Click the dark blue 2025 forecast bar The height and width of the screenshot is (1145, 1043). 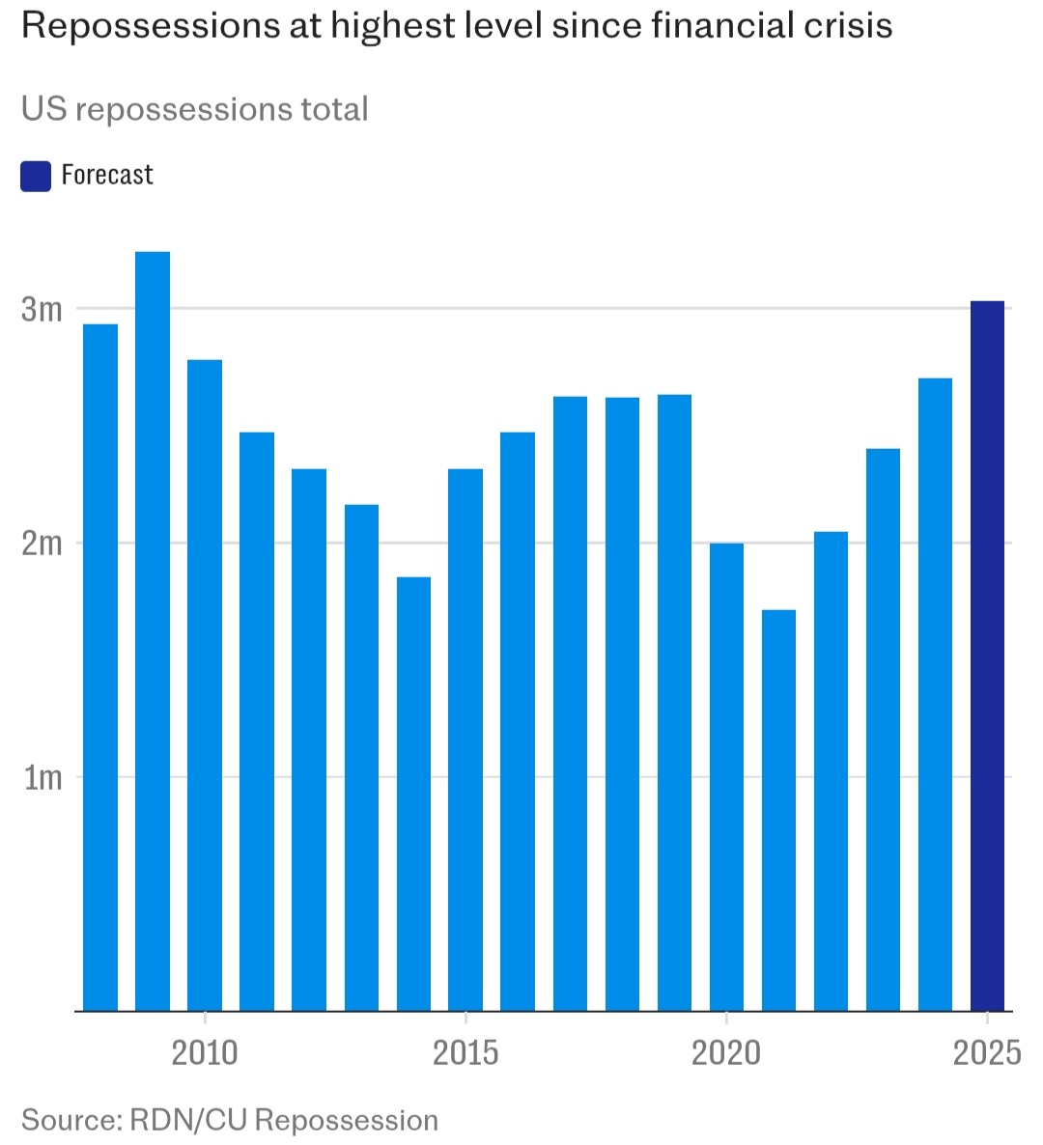tap(987, 656)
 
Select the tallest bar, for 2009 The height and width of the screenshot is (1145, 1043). tap(153, 631)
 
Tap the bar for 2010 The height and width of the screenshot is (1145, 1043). tap(205, 685)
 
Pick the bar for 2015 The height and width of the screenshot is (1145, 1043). tap(465, 740)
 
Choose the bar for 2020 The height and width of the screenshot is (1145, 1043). tap(726, 777)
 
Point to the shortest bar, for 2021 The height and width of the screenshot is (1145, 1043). tap(778, 810)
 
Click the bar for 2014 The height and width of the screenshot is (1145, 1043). tap(413, 794)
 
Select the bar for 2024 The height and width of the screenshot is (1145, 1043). tap(935, 694)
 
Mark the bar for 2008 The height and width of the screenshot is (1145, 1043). tap(100, 667)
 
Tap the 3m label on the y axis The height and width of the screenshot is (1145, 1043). tap(42, 310)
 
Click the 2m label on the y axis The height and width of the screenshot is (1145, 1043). tap(42, 544)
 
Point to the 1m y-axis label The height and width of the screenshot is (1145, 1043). tap(42, 778)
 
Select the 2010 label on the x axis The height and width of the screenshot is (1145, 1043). tap(205, 1052)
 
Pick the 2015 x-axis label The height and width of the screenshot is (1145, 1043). tap(465, 1052)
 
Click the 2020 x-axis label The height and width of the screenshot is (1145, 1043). tap(726, 1052)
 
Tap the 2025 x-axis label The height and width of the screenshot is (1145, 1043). tap(987, 1052)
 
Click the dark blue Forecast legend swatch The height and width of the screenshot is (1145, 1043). tap(36, 177)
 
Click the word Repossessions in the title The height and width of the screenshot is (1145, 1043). tap(150, 26)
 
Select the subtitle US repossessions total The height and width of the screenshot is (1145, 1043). tap(195, 109)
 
